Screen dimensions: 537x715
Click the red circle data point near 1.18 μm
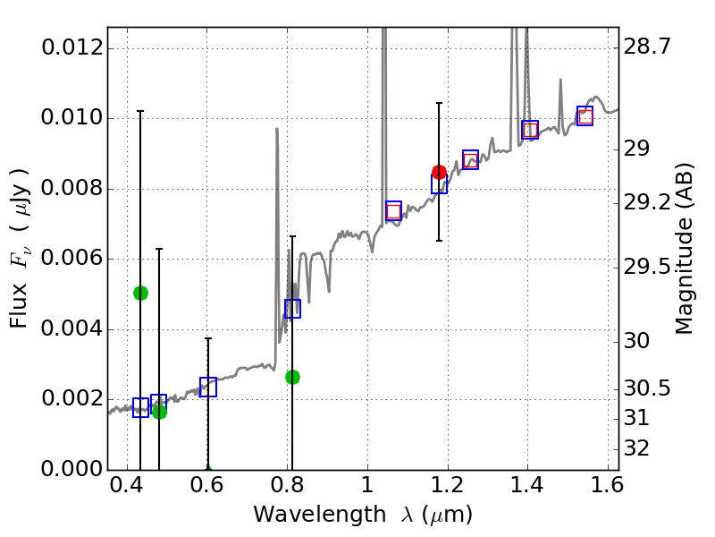click(x=439, y=172)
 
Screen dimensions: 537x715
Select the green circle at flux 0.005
click(x=140, y=293)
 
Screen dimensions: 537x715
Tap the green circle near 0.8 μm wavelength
click(x=292, y=377)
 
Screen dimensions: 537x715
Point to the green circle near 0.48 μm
click(x=159, y=412)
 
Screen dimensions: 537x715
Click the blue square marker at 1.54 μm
click(x=585, y=115)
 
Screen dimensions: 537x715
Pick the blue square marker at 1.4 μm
click(x=530, y=129)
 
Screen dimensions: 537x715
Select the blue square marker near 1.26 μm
click(x=470, y=159)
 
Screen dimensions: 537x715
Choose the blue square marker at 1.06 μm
click(x=393, y=211)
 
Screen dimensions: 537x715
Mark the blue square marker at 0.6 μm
click(x=208, y=387)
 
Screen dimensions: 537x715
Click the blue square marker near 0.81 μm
click(x=292, y=308)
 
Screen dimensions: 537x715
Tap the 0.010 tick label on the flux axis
click(x=73, y=119)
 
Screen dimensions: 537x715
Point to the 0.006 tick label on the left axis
click(x=73, y=260)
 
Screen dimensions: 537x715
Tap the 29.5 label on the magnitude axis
click(x=651, y=267)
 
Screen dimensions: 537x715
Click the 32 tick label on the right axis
click(x=643, y=447)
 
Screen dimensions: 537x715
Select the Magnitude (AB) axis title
click(x=685, y=249)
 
